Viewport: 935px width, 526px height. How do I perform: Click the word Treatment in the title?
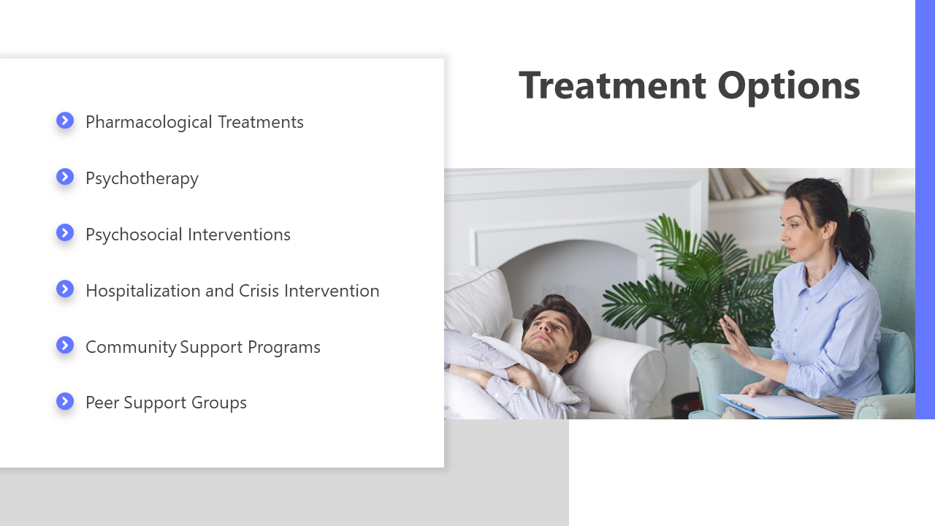coord(612,85)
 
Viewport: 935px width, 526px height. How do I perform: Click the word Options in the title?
coord(788,87)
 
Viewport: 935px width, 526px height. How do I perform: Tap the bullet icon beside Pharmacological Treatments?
coord(65,121)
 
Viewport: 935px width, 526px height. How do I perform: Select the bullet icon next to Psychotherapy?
coord(65,177)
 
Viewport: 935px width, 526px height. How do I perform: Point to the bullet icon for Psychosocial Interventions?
coord(65,232)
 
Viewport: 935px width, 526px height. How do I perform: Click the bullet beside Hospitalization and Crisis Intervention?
coord(65,289)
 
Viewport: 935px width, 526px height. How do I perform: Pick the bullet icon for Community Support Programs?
coord(65,345)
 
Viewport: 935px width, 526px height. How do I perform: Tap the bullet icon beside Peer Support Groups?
coord(65,401)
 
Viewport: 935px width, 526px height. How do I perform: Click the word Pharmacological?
coord(149,123)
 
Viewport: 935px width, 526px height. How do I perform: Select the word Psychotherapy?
coord(142,179)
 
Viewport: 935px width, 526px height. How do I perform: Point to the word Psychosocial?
coord(134,235)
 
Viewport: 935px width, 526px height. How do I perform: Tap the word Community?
coord(131,348)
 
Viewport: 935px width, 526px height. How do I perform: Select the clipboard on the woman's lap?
coord(776,405)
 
